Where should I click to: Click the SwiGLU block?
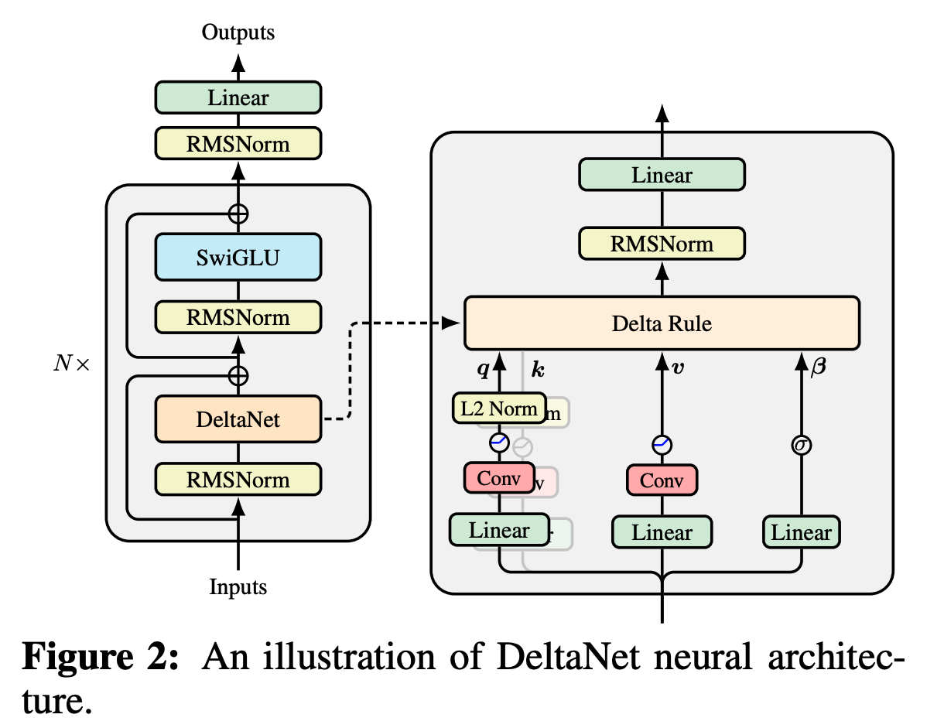[238, 257]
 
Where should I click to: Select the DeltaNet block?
[238, 420]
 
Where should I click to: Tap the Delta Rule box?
[662, 323]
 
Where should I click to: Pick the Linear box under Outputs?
[238, 98]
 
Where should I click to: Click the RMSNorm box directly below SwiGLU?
[238, 317]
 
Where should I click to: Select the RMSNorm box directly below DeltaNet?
[238, 480]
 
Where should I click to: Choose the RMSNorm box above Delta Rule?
[662, 244]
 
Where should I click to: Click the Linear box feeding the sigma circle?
[801, 532]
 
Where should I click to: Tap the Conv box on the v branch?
[662, 480]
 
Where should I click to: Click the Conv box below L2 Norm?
[498, 478]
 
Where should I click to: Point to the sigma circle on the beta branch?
[801, 445]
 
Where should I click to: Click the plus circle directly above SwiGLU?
[238, 214]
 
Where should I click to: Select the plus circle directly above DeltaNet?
[238, 376]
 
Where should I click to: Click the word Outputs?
[238, 32]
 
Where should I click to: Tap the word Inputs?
[238, 587]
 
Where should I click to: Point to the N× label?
[71, 364]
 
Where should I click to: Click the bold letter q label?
[483, 370]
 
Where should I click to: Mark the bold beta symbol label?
[817, 368]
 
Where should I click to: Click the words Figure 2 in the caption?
[101, 658]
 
